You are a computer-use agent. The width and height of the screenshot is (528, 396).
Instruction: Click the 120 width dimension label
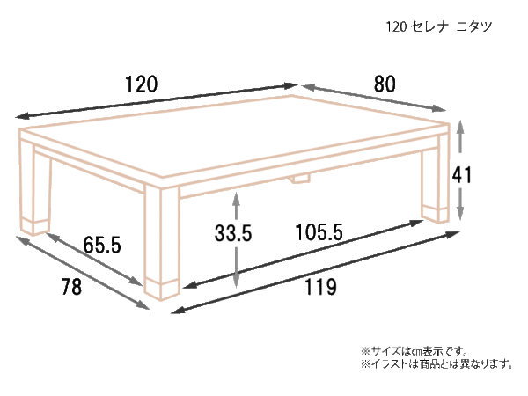142,84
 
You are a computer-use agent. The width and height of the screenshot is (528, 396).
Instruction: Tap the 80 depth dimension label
385,84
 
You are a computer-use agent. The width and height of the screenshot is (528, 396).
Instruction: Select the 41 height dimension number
462,175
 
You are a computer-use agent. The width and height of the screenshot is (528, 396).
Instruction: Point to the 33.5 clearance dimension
233,233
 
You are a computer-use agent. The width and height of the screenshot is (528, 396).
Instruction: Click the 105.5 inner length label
319,232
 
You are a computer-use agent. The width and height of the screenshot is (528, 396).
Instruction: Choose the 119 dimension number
320,287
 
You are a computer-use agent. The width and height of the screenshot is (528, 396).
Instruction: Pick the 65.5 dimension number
102,245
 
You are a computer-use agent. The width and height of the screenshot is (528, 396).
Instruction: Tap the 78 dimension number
71,287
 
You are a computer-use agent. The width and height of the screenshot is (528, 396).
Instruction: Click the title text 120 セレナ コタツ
439,26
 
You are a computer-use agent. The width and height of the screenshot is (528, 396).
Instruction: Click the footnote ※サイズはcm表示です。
414,351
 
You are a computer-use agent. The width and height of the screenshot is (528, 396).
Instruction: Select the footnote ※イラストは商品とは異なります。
436,364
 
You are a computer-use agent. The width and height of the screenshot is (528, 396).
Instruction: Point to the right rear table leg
435,179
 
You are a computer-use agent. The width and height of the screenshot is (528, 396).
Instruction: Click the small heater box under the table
300,179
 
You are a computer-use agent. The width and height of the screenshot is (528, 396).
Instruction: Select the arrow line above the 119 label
316,273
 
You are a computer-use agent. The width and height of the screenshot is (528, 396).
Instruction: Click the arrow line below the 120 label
157,101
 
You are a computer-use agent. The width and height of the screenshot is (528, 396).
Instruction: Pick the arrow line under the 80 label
374,98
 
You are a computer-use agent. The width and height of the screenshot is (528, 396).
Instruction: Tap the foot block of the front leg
162,290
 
